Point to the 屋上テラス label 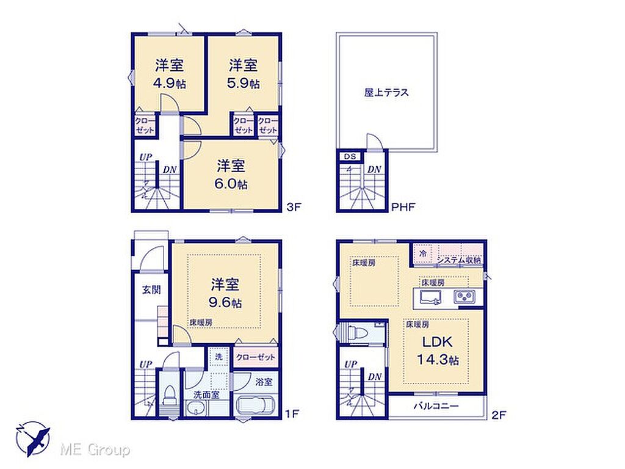(x=386, y=93)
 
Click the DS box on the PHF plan (x=350, y=156)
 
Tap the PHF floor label (x=403, y=207)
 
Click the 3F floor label (x=294, y=207)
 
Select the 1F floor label (x=292, y=413)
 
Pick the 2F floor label (x=498, y=415)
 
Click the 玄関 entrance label (x=151, y=289)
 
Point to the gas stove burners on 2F (x=464, y=296)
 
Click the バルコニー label (x=436, y=406)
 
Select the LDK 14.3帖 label (x=437, y=351)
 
